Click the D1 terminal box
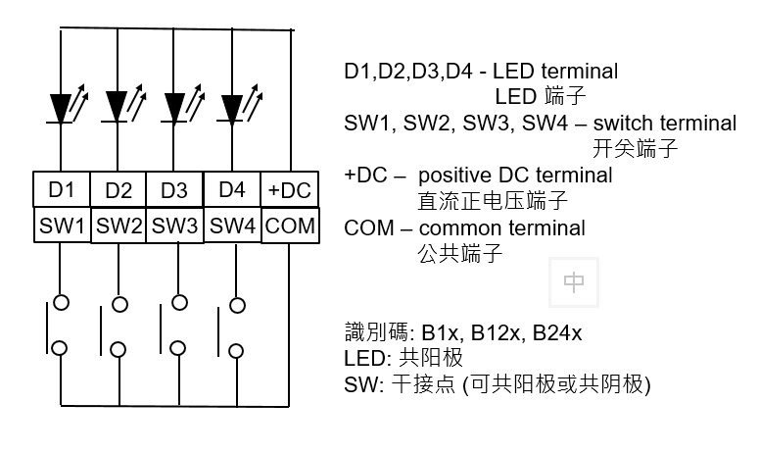(62, 189)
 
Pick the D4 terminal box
(232, 188)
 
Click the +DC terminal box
(290, 189)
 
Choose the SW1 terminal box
(62, 226)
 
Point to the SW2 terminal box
(118, 227)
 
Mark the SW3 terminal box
(175, 227)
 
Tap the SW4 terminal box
(233, 226)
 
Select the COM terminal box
(290, 226)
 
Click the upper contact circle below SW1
(62, 302)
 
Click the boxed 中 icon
(574, 282)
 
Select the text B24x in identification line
(557, 333)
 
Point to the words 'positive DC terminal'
(515, 176)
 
